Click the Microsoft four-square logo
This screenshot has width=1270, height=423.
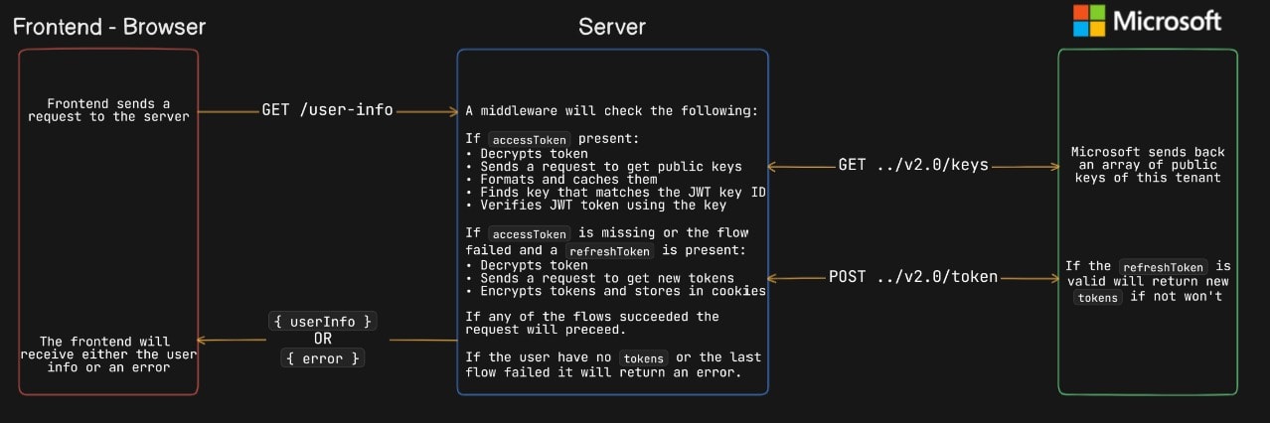[1088, 21]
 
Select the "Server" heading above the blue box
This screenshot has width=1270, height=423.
[612, 27]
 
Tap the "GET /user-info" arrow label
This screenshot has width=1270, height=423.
[327, 110]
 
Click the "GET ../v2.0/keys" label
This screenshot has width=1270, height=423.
[913, 165]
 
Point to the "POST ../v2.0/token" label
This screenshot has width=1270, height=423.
[912, 277]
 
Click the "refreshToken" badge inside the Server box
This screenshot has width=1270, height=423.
[608, 252]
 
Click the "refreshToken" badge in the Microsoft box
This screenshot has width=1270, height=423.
[1163, 267]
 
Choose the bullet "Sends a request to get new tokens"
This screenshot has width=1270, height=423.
[599, 278]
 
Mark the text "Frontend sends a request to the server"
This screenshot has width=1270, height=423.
[108, 110]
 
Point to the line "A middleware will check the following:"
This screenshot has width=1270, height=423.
[612, 110]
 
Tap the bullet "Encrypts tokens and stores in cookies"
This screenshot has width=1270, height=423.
[615, 291]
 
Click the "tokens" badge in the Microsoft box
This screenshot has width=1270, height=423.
[1098, 298]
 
